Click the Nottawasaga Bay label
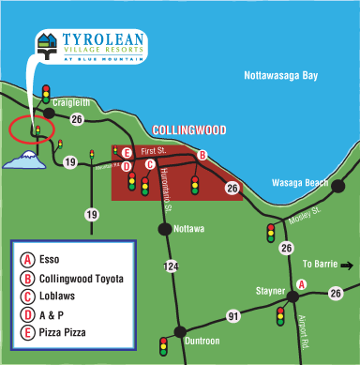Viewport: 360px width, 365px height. [x=280, y=73]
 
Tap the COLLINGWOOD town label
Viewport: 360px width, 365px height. [x=188, y=130]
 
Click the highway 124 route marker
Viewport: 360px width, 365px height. [x=171, y=267]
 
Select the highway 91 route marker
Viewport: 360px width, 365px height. [x=233, y=317]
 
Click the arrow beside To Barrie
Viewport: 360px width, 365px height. [x=348, y=266]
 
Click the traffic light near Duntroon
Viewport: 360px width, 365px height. [x=164, y=346]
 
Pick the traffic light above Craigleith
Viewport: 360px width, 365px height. [x=46, y=94]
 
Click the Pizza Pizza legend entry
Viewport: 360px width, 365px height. [x=66, y=331]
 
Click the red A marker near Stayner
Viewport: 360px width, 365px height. [x=301, y=283]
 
